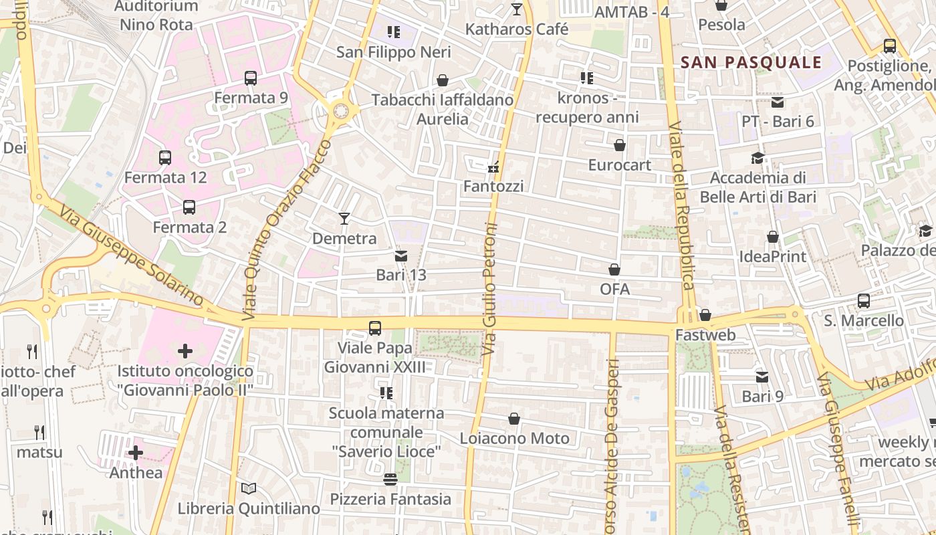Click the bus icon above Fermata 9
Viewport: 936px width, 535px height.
(x=251, y=78)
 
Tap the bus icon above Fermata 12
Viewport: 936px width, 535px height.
(x=165, y=158)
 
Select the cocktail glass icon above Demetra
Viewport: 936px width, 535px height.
(x=344, y=218)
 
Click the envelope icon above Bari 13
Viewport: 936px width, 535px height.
(x=401, y=255)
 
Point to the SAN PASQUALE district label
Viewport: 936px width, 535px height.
(x=751, y=63)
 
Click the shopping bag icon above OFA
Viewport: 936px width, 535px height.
(x=614, y=270)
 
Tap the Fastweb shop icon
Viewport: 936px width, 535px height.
(x=705, y=315)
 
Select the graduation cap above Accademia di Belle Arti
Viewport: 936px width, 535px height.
(x=757, y=158)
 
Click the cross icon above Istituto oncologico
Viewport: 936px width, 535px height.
(x=185, y=350)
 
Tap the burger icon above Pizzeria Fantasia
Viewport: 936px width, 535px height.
(x=390, y=479)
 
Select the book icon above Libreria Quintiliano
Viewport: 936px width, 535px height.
(x=249, y=489)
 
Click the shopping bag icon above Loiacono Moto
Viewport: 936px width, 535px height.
(x=514, y=419)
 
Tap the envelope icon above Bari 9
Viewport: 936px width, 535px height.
(x=762, y=377)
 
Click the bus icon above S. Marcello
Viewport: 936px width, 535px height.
(x=864, y=301)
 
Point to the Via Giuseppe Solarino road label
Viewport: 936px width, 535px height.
(x=130, y=256)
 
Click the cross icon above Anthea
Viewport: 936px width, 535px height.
(x=136, y=453)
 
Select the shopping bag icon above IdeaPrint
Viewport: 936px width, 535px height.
(x=773, y=237)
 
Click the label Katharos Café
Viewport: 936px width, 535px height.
(x=517, y=29)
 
